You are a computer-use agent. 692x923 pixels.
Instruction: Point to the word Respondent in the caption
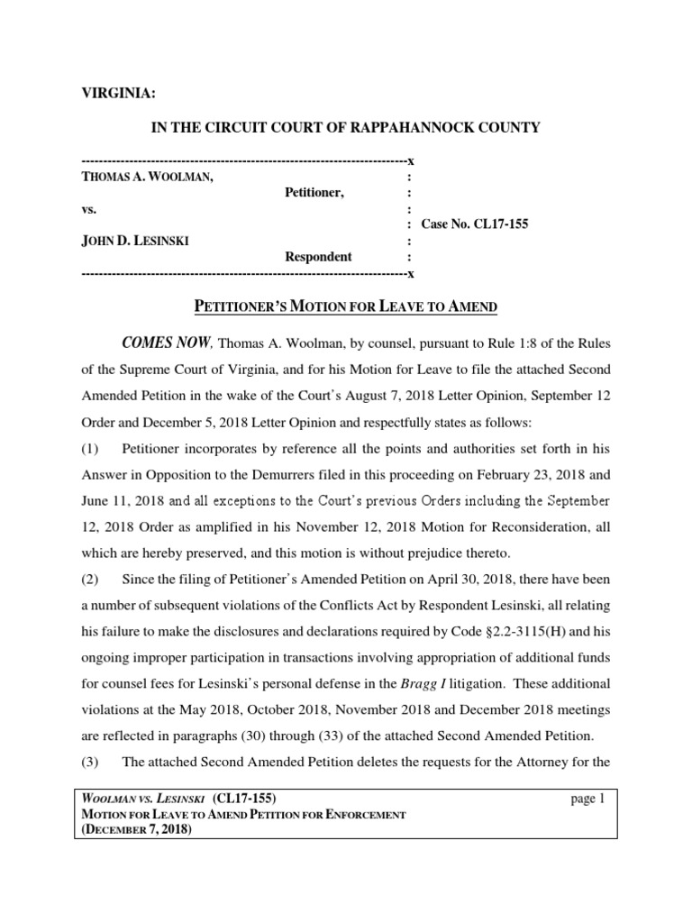click(x=318, y=257)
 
